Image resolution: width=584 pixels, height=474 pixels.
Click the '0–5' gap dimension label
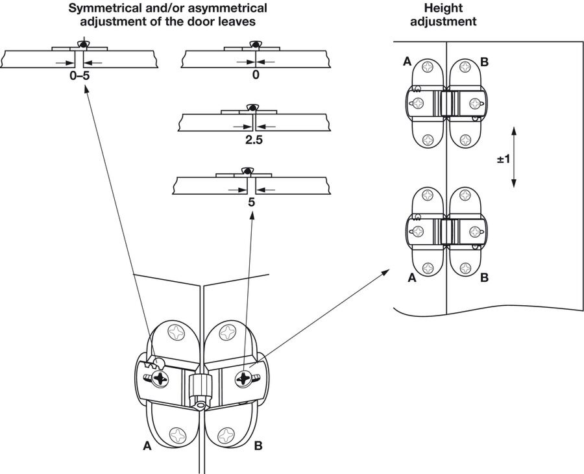(80, 76)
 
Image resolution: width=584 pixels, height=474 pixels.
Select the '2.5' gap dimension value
(254, 140)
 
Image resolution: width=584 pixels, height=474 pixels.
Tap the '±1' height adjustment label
(503, 159)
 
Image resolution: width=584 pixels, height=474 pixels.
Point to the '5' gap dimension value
(251, 203)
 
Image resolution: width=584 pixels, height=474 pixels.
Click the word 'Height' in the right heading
(443, 8)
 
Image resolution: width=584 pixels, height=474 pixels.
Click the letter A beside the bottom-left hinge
(147, 445)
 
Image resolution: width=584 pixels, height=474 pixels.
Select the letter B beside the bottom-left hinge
(258, 445)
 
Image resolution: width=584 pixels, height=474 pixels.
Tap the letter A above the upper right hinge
(408, 61)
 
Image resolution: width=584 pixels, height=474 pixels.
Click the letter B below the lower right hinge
(484, 278)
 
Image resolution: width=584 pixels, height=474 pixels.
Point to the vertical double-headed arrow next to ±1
(514, 157)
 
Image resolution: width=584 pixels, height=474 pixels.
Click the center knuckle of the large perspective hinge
(200, 387)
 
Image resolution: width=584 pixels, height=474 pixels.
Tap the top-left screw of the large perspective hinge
(176, 332)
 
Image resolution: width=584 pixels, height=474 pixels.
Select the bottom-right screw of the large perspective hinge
(226, 435)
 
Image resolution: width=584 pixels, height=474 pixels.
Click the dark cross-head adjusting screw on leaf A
(160, 379)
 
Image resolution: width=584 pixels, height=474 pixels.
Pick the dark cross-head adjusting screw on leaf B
(244, 379)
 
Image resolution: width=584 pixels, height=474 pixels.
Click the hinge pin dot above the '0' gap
(256, 45)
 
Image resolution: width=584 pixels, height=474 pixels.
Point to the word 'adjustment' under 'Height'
(443, 21)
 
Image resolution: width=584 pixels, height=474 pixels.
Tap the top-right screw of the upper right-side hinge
(465, 67)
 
